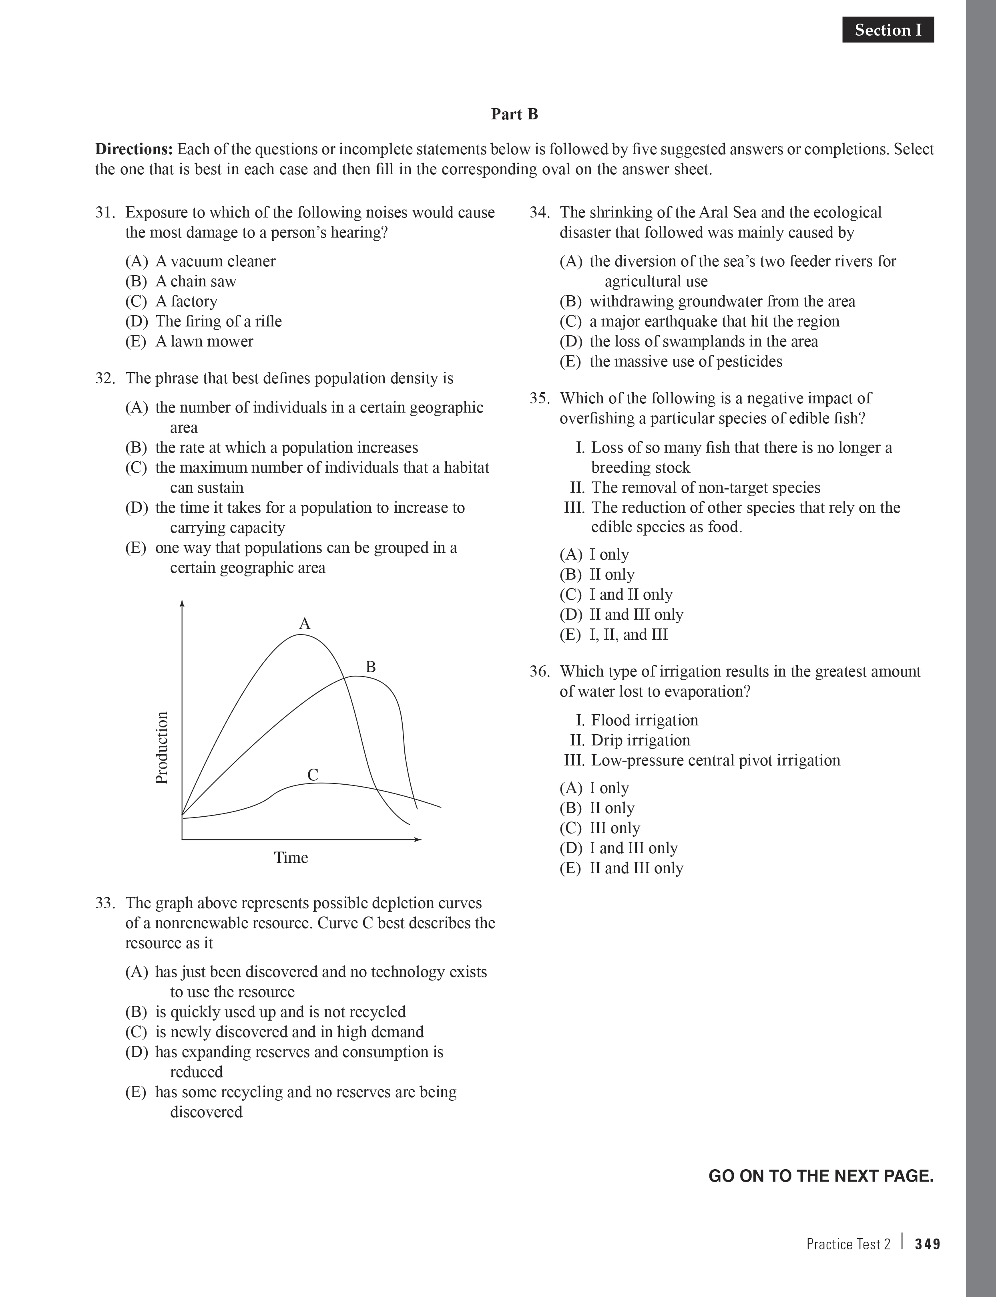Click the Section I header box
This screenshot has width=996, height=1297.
[x=888, y=30]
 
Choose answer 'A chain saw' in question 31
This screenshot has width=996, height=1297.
[x=196, y=281]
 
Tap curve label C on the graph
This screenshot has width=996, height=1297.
[x=313, y=775]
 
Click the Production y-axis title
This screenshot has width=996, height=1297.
[x=162, y=748]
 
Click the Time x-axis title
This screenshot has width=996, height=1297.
[x=291, y=858]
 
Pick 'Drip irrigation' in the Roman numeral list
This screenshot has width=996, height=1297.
[x=640, y=740]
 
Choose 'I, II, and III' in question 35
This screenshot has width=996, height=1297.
[x=629, y=634]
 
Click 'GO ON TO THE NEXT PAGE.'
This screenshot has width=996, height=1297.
[x=821, y=1176]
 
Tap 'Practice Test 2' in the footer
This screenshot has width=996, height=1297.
[x=848, y=1244]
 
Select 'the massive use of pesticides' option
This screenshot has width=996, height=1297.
[x=685, y=361]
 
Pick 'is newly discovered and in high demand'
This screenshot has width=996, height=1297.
[x=289, y=1031]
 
